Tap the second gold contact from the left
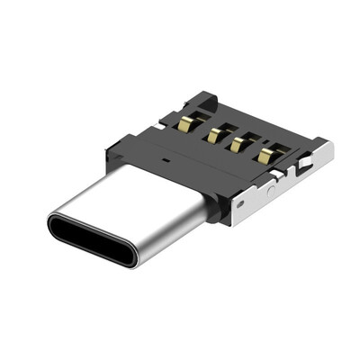click(x=216, y=134)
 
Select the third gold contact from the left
click(x=239, y=144)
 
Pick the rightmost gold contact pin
click(x=265, y=154)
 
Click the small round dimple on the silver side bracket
click(x=271, y=191)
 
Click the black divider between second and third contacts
click(x=228, y=140)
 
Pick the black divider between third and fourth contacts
click(x=252, y=150)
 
